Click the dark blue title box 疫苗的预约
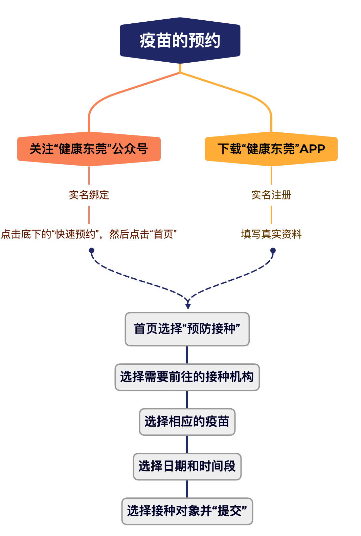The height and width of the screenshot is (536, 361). coord(180,40)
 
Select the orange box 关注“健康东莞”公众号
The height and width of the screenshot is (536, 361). coord(89,149)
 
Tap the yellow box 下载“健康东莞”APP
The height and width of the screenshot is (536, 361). coord(271,149)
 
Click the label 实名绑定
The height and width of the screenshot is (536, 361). coord(89,195)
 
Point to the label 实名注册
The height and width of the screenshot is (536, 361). coord(271,195)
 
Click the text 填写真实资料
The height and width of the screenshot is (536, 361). coord(271,234)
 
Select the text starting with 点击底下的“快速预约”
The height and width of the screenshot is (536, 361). coord(89,234)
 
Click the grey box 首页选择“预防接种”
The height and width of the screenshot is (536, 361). coord(187,329)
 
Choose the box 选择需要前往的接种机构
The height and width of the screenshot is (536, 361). coord(187,377)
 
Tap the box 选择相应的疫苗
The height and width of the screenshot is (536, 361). coord(187,422)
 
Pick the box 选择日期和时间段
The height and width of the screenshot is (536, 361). coord(187,466)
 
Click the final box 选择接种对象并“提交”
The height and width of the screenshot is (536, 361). coord(187,511)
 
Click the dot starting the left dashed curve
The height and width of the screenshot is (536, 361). coord(91,251)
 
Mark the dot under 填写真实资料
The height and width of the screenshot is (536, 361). coord(273,251)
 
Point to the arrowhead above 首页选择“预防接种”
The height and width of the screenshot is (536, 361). coord(188,306)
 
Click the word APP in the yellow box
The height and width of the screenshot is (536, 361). coord(312,149)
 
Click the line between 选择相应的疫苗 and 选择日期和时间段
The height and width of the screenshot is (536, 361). coord(187,444)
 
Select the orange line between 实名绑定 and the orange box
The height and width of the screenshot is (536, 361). coord(89,175)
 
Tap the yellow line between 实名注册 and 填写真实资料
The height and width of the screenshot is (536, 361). coord(271,215)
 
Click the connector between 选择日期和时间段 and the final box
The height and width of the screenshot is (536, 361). coord(187,489)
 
